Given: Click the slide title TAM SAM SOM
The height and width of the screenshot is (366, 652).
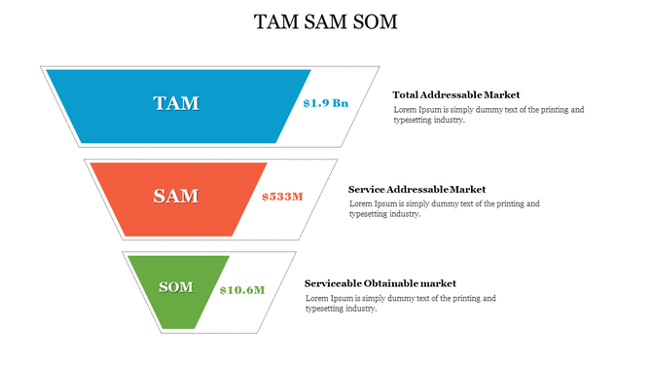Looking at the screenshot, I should [x=325, y=21].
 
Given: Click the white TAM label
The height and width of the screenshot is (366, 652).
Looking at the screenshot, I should [x=176, y=103].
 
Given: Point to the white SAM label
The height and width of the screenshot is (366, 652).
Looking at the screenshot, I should [x=176, y=197].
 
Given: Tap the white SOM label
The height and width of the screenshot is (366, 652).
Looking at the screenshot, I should [x=176, y=287].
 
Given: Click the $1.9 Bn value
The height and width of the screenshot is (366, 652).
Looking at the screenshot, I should [x=325, y=103].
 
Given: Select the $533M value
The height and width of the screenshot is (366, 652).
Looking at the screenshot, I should [x=282, y=197].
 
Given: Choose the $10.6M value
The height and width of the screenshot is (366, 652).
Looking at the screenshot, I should [x=241, y=290].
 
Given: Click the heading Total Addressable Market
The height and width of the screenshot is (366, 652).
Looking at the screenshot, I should [x=455, y=94].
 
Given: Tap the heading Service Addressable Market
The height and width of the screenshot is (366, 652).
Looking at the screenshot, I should [x=417, y=189].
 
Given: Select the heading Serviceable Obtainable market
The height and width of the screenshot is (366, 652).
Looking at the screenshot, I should [x=380, y=283].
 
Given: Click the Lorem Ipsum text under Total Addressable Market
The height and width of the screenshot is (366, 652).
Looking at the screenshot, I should [x=489, y=115].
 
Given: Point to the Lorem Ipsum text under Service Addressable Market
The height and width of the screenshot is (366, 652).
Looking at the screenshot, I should [x=444, y=208].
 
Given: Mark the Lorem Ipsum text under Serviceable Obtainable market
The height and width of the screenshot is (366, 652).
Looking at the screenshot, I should [x=400, y=303].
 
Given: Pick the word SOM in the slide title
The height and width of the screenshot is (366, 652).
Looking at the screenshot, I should [x=375, y=21].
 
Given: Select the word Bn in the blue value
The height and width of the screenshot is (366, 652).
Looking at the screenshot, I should [x=340, y=103].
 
